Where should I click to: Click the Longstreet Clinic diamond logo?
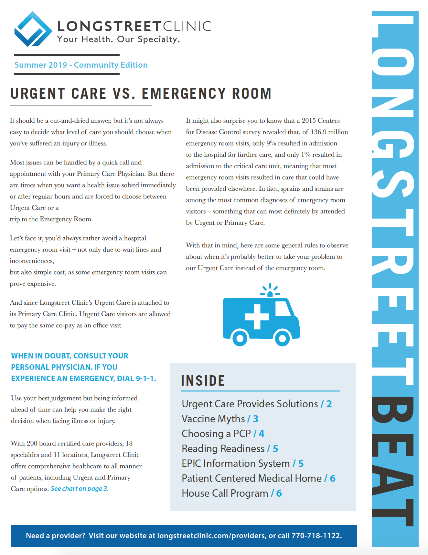coord(33,29)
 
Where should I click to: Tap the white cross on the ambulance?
coord(257,316)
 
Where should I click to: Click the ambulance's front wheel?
coord(282,339)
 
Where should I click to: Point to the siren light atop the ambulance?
coord(270,293)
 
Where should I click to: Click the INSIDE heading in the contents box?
coord(203,381)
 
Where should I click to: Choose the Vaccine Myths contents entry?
coord(213,419)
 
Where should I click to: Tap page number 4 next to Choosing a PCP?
coord(262,434)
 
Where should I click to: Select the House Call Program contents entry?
coord(225,493)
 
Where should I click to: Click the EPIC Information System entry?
coord(236,463)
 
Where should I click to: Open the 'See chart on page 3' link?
coord(80,489)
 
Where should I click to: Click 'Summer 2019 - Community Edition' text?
coord(81,65)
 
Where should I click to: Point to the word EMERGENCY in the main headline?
coord(184,94)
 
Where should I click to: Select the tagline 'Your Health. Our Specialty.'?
coord(118,40)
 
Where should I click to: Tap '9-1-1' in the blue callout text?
coord(145,379)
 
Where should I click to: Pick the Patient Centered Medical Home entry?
coord(252,478)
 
